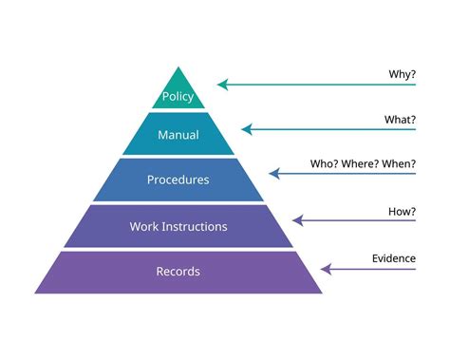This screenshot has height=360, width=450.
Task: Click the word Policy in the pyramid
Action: pyautogui.click(x=178, y=97)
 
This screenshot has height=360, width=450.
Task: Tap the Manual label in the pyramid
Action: pyautogui.click(x=178, y=135)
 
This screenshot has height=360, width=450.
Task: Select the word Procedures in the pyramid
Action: pyautogui.click(x=178, y=180)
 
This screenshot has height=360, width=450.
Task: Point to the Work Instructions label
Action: pyautogui.click(x=178, y=226)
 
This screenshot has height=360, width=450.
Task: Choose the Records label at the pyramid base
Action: pyautogui.click(x=178, y=272)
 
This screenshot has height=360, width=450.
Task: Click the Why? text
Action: pyautogui.click(x=403, y=74)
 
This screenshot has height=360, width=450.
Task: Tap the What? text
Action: pyautogui.click(x=401, y=119)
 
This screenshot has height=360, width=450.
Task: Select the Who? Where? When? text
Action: pyautogui.click(x=363, y=163)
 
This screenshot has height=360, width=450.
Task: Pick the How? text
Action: pyautogui.click(x=402, y=210)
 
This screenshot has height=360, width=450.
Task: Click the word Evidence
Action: pyautogui.click(x=393, y=257)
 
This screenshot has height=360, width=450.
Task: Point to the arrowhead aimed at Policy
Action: pyautogui.click(x=222, y=85)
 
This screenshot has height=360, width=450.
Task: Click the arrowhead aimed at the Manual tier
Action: pyautogui.click(x=246, y=129)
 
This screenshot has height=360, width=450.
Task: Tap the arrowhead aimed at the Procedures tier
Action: pyautogui.click(x=273, y=174)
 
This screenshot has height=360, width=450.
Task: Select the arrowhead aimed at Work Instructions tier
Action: pyautogui.click(x=297, y=220)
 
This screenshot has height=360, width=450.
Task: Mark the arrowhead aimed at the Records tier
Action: pyautogui.click(x=325, y=269)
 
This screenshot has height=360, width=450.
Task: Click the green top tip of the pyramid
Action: pyautogui.click(x=178, y=76)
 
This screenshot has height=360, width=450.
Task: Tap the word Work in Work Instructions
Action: pyautogui.click(x=145, y=226)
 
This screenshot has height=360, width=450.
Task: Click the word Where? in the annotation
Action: pyautogui.click(x=363, y=163)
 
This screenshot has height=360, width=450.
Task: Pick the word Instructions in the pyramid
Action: pyautogui.click(x=195, y=226)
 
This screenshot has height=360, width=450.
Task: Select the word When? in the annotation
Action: pyautogui.click(x=399, y=163)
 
